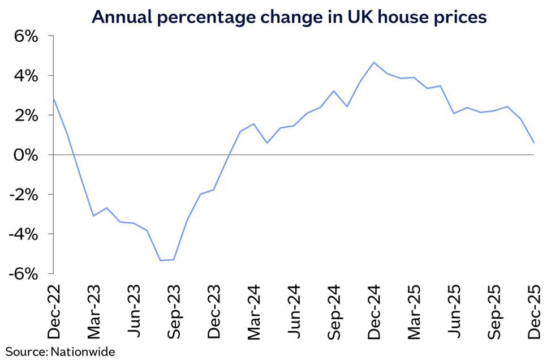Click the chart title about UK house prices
pos(289,17)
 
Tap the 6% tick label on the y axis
pos(25,36)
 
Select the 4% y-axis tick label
pos(25,76)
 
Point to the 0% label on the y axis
pos(25,155)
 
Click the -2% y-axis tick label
pos(23,195)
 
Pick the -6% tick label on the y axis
pos(23,274)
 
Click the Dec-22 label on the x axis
pos(54,311)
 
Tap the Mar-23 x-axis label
pos(94,312)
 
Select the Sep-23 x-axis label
pos(174,312)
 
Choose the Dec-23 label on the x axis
pos(214,311)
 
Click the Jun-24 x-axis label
pos(294,311)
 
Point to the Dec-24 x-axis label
pos(374,311)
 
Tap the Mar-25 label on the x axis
pos(414,312)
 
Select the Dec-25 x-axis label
pos(534,311)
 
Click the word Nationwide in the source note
pos(83,352)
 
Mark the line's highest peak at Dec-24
pos(373,62)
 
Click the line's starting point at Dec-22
pos(53,98)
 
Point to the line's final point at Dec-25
pos(534,143)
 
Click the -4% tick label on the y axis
pos(23,234)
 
